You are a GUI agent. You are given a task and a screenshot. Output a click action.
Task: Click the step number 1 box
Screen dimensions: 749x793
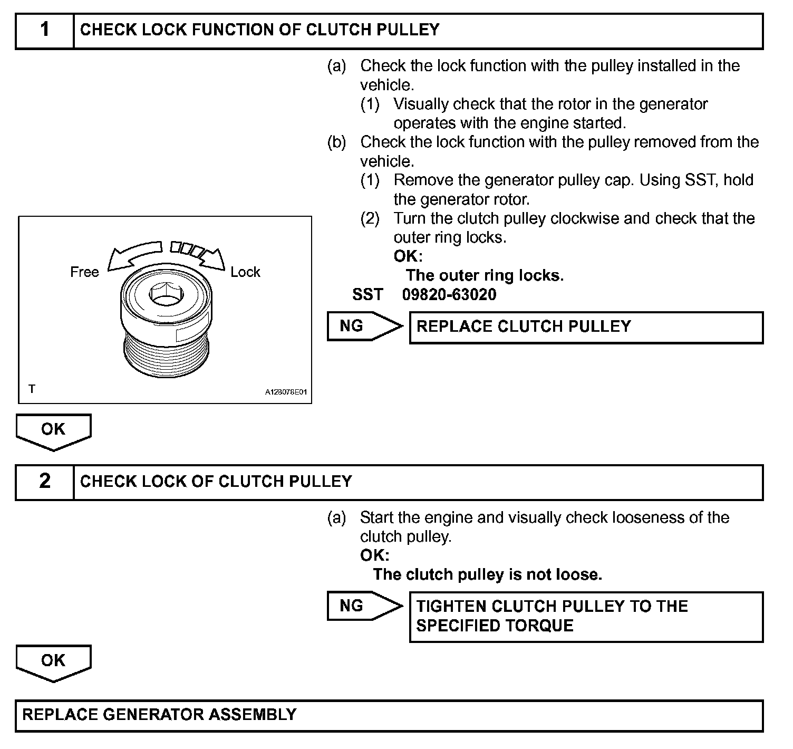[x=45, y=31]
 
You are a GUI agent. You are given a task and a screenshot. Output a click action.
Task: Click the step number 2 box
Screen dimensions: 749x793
[x=45, y=482]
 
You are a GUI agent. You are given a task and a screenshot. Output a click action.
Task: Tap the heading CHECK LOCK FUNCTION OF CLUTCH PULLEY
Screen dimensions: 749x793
[x=259, y=30]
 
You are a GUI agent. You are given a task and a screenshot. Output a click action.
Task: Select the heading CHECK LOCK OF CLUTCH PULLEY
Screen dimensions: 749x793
[x=216, y=482]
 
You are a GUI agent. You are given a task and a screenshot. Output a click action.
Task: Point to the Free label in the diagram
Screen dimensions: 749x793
[x=84, y=272]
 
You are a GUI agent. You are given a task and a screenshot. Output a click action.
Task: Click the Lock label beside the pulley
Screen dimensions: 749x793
[x=245, y=272]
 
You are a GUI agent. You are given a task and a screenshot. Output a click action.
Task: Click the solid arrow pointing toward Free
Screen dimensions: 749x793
[x=132, y=255]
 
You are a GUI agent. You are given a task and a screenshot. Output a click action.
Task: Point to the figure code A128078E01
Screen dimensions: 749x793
[x=286, y=392]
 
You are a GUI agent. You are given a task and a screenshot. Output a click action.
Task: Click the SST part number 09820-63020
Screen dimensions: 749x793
[x=449, y=294]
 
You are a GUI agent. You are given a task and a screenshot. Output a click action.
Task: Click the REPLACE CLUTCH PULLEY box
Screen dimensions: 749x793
[x=586, y=327]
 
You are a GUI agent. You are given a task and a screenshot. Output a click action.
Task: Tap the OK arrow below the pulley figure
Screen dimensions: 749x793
[x=53, y=431]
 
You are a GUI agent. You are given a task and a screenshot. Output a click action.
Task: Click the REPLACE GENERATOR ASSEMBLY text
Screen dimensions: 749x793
[x=159, y=715]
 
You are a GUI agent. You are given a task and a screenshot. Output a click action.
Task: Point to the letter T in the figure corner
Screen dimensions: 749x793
[x=32, y=389]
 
